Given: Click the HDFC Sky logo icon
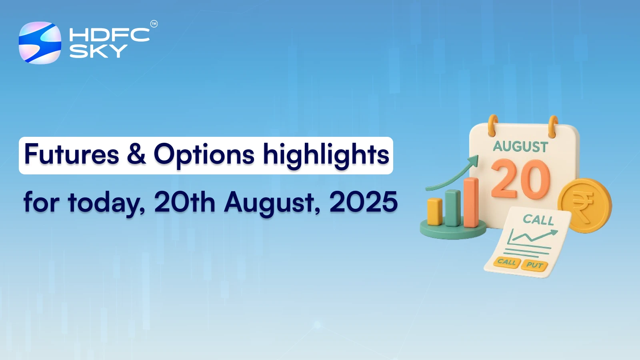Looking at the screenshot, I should (40, 43).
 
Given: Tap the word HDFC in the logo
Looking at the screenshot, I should (109, 35).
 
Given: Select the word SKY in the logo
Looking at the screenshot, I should (98, 51).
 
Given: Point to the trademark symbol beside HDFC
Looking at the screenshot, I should (154, 24).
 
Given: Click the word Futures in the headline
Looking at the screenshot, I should (72, 154).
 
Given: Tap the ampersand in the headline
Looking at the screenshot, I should (136, 154).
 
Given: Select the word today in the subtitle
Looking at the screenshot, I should (106, 202).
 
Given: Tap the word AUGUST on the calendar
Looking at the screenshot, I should (520, 147).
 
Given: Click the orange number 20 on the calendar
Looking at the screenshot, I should (521, 179).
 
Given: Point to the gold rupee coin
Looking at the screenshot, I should (585, 205).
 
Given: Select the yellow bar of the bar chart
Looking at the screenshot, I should (434, 212).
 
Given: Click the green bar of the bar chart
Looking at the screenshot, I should (453, 208).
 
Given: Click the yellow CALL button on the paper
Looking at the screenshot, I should (507, 262).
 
